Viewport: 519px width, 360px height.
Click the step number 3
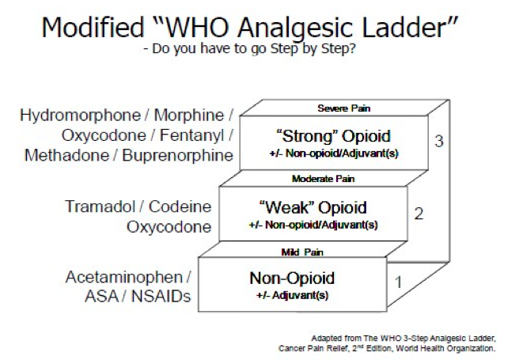(440, 142)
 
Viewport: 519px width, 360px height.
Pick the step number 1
(399, 280)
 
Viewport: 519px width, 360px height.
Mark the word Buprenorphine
(178, 154)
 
